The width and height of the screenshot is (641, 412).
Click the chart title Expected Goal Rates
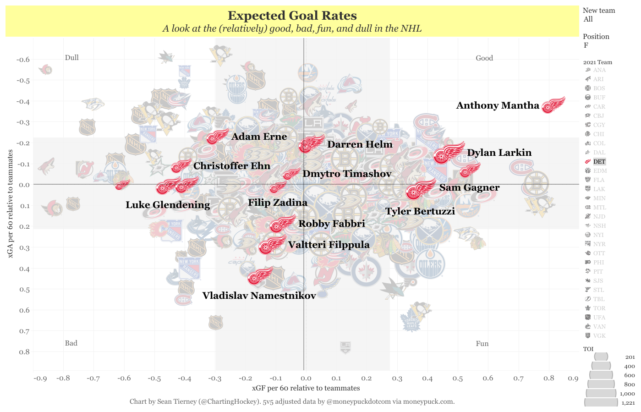(292, 16)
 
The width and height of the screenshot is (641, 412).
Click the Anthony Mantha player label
(498, 105)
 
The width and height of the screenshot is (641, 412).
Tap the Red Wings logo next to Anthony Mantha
(553, 105)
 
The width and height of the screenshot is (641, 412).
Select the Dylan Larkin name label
(499, 153)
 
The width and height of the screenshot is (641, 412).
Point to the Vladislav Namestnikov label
(259, 296)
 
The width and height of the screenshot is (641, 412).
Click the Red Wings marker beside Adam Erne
(217, 136)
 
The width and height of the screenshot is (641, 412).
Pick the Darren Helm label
(360, 144)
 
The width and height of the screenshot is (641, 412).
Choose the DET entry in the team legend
(599, 162)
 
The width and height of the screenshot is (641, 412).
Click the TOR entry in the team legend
(599, 308)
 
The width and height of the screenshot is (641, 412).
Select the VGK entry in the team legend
(599, 336)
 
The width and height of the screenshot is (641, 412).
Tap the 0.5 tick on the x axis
(457, 379)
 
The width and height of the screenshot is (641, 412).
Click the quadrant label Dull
(71, 58)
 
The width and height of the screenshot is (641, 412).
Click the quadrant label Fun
(482, 344)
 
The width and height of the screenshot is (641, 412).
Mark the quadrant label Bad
(71, 343)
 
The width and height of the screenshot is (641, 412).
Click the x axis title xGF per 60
(306, 388)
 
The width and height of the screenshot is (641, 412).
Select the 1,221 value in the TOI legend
(628, 403)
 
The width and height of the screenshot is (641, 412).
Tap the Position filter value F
(586, 45)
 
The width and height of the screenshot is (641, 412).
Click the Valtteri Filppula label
(329, 245)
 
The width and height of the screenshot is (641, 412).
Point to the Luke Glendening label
(168, 205)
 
